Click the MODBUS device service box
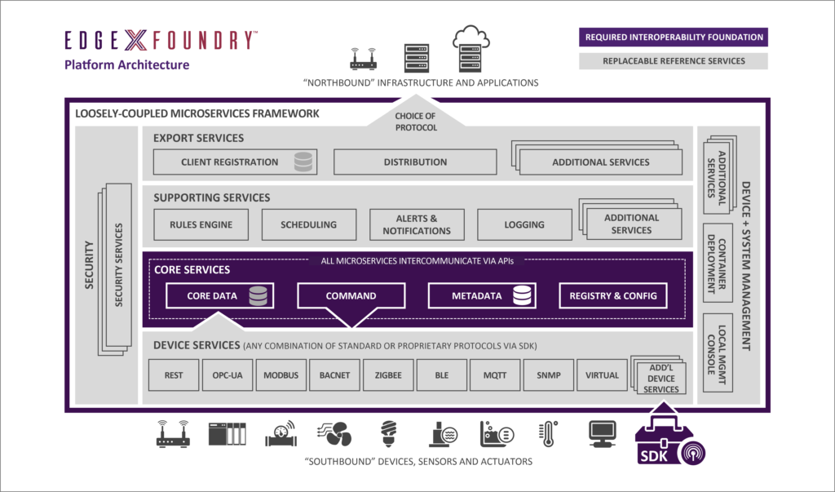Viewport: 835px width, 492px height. click(281, 375)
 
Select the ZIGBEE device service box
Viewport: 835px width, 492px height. click(388, 375)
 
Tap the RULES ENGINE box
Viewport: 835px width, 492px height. click(201, 224)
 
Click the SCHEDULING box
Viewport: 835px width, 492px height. click(308, 224)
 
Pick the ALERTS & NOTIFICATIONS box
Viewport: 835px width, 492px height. click(416, 224)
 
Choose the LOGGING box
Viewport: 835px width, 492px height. click(524, 224)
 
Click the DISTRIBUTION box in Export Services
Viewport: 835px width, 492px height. click(415, 162)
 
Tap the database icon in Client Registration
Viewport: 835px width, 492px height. click(303, 162)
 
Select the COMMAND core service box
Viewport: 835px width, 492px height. click(351, 295)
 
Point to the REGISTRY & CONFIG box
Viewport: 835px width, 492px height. click(613, 295)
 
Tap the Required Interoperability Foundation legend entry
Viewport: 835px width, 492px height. click(674, 38)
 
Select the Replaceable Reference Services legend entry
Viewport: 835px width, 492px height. click(674, 60)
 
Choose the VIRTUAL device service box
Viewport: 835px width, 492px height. click(602, 375)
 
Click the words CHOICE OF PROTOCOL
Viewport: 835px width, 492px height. click(416, 122)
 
